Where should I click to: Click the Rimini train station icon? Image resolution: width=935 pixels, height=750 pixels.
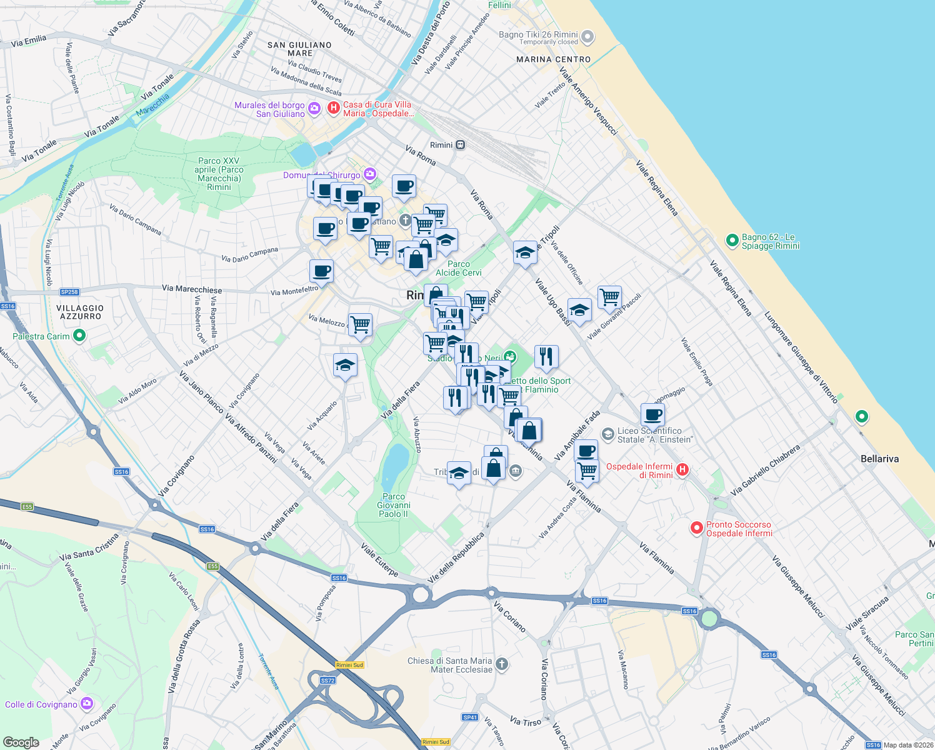point(460,145)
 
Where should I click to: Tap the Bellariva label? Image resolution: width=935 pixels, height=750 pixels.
point(879,459)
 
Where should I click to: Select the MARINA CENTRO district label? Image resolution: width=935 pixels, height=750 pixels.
point(553,59)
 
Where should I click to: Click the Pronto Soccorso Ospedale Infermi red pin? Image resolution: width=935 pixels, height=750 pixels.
point(696,529)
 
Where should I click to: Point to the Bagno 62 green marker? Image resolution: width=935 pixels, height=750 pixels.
point(732,241)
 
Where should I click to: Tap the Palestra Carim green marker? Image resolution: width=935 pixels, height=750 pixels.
point(79,336)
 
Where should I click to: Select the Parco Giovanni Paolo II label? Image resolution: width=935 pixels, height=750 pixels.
point(393,505)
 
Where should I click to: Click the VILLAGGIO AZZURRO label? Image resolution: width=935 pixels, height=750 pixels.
point(81,312)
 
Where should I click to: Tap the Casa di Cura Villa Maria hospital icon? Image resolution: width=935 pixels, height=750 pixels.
point(334,108)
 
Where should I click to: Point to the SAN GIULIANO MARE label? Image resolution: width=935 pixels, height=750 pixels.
point(299,49)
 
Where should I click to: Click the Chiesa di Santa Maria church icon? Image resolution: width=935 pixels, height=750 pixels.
point(502,664)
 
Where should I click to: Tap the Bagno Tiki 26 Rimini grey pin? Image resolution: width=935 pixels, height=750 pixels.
point(587,37)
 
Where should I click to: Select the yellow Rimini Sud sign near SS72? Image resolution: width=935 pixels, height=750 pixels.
point(349,665)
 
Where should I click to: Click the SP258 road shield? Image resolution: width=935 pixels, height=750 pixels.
point(69,292)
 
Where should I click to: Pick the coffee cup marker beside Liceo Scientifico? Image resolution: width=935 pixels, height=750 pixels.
point(652,414)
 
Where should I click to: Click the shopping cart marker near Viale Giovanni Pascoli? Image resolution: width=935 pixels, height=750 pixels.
point(609,297)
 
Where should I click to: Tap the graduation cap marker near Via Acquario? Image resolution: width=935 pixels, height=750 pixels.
point(345,365)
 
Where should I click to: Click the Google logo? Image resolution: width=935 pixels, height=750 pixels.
point(21,742)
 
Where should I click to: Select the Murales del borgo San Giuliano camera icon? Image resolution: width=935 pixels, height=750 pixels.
point(314,109)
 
